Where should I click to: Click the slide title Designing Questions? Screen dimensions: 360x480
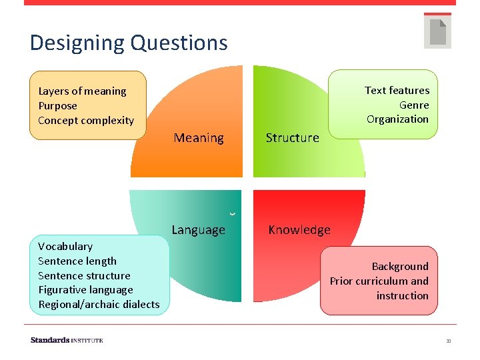click(x=129, y=43)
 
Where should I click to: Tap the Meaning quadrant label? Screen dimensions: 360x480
click(x=199, y=138)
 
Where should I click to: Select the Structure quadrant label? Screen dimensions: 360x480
click(x=292, y=138)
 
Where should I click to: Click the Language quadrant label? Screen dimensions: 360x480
click(x=198, y=230)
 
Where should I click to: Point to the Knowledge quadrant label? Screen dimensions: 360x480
click(x=299, y=230)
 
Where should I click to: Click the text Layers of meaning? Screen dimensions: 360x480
click(x=82, y=91)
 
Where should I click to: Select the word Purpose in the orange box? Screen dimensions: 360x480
click(x=57, y=106)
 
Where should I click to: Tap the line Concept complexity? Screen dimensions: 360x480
click(x=86, y=121)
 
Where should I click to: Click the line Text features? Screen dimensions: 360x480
click(x=397, y=90)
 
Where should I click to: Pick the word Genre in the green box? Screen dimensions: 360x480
click(x=413, y=105)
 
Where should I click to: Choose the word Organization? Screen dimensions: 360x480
click(x=397, y=119)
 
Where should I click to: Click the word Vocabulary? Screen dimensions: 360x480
click(x=65, y=247)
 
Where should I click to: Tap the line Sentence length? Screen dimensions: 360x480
click(x=77, y=261)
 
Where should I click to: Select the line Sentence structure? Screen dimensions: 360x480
click(x=84, y=276)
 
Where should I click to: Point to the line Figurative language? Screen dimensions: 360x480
click(x=85, y=290)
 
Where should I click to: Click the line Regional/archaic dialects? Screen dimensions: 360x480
click(x=99, y=305)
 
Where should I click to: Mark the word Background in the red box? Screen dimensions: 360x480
click(x=400, y=267)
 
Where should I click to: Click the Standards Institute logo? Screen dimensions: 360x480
click(x=67, y=340)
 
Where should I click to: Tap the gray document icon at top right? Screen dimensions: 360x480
click(x=437, y=31)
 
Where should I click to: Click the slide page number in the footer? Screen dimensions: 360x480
click(x=449, y=341)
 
